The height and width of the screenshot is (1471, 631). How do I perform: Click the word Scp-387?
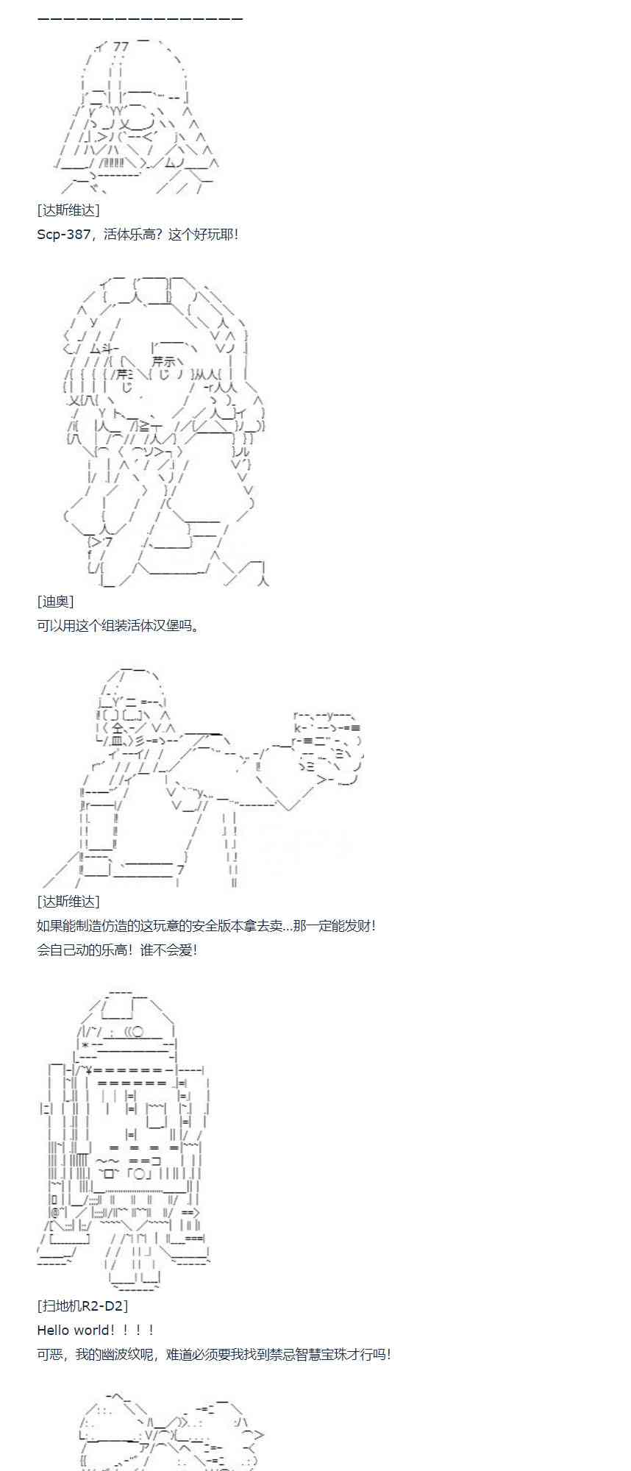tap(63, 235)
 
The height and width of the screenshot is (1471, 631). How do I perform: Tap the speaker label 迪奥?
tap(55, 602)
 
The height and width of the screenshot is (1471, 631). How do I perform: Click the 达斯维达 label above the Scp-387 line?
tap(68, 210)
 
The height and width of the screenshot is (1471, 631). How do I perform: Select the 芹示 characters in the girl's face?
tap(163, 362)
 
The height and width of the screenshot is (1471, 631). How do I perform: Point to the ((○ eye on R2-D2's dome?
tap(135, 1033)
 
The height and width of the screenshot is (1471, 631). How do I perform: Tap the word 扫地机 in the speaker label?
tap(60, 1306)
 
